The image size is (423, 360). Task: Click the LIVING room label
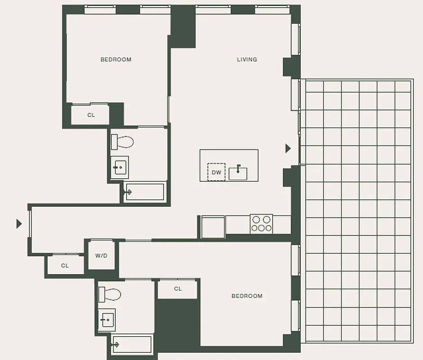247,59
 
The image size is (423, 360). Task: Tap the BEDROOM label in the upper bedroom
116,59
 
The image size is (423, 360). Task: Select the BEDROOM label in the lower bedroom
247,296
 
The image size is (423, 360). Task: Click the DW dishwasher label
216,172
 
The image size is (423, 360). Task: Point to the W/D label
101,256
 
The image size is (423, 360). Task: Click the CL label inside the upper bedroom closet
91,115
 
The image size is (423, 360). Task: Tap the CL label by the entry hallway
65,266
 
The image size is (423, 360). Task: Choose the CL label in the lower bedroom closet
177,289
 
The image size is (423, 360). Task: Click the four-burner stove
261,224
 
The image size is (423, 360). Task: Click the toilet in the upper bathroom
123,142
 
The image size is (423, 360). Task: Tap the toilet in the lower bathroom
110,294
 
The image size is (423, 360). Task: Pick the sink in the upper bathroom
119,167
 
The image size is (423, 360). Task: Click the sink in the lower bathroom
107,320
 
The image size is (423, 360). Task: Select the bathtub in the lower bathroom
132,344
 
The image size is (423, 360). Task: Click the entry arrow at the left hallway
19,223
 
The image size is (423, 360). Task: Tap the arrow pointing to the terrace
288,148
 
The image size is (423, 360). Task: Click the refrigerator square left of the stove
213,226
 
